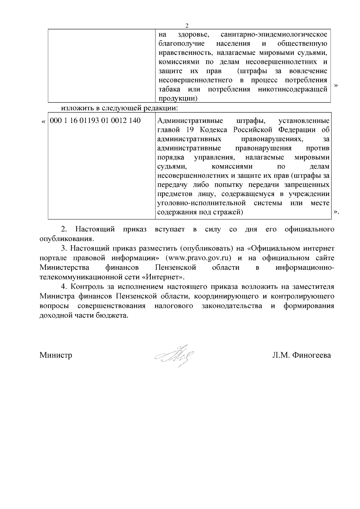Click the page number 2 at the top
tap(187, 25)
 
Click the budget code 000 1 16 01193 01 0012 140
tap(95, 121)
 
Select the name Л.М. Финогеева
tap(301, 356)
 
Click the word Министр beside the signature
tap(56, 356)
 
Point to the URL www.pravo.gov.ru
tap(200, 258)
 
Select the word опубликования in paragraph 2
tap(66, 239)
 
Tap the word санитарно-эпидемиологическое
tap(274, 34)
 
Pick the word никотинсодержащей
tap(292, 89)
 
